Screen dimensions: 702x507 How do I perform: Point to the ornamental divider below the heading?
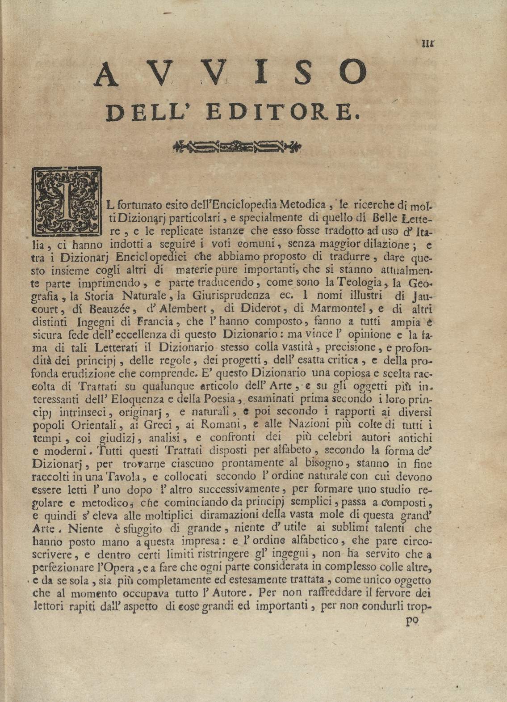click(x=237, y=145)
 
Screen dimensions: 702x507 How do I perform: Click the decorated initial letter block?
click(x=67, y=201)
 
